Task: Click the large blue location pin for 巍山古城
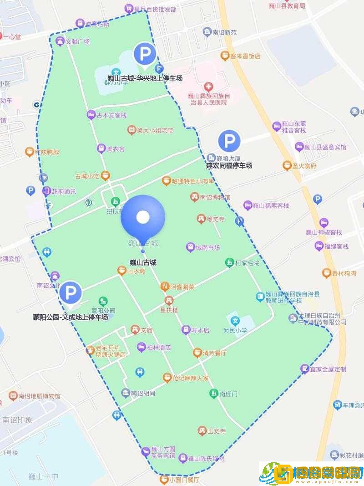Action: point(143,217)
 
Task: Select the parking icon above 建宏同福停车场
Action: point(229,141)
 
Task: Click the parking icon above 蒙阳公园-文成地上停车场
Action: point(71,293)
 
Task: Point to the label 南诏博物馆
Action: point(215,197)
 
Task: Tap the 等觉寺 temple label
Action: point(215,219)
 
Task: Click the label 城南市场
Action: point(207,248)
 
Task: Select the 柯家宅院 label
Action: point(247,263)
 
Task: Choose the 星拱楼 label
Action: point(168,310)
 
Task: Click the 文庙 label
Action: point(146,330)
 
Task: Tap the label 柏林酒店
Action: point(159,348)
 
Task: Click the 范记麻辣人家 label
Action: point(190,378)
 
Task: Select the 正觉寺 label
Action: point(217,431)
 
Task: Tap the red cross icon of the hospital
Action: point(208,87)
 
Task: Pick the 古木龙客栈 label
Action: point(111,115)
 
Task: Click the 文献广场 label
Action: point(77,42)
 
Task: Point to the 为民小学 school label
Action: point(235,330)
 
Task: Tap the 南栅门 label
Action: point(228,394)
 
